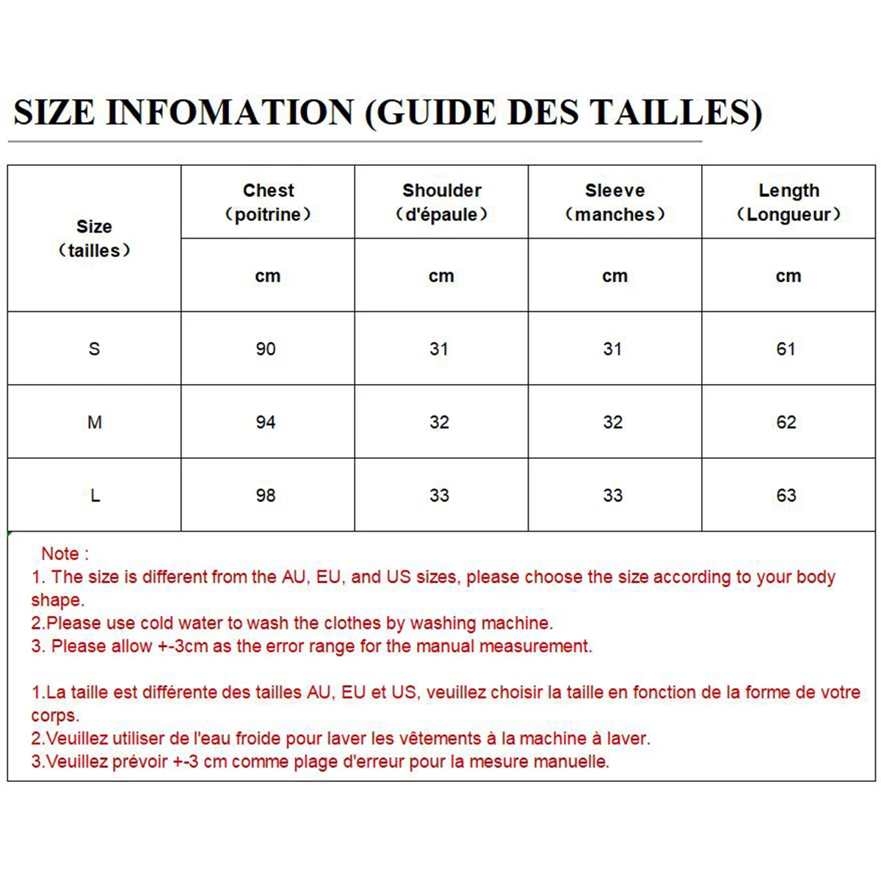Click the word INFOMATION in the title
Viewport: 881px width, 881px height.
pos(231,112)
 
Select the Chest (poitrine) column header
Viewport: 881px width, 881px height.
pos(268,202)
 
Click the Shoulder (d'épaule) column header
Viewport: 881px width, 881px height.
pos(441,202)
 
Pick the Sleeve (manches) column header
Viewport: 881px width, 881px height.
pos(614,202)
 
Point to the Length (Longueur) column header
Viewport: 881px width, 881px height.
pos(788,202)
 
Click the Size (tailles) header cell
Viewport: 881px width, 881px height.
pos(94,238)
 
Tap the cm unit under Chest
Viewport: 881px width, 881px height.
pos(268,276)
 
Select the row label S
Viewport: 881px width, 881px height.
pos(94,349)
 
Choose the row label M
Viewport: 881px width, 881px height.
pos(95,422)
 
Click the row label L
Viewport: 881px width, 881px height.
pos(95,496)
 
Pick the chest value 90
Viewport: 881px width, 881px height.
pos(266,349)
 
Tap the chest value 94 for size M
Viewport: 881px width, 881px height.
pos(266,422)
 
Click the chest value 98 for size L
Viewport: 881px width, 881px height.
pos(266,496)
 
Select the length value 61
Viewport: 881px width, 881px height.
pos(786,349)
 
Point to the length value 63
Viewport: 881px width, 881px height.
pos(786,496)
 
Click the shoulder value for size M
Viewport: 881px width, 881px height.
pos(439,422)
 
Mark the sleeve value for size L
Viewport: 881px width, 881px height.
pos(613,496)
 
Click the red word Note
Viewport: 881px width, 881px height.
pos(60,554)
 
